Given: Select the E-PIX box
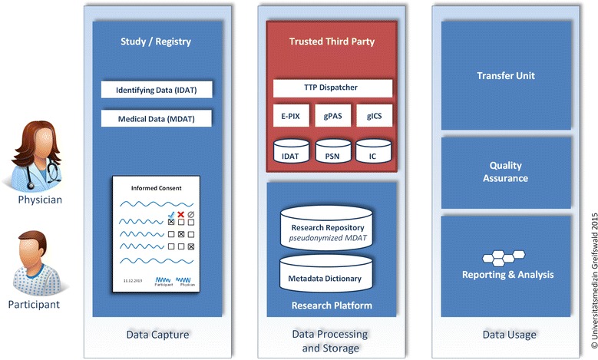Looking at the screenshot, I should pyautogui.click(x=290, y=117).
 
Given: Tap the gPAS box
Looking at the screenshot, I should pyautogui.click(x=333, y=117).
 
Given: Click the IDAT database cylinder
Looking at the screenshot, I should pyautogui.click(x=290, y=154).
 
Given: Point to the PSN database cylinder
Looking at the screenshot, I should pyautogui.click(x=332, y=154).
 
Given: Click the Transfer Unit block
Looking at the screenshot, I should pyautogui.click(x=505, y=76).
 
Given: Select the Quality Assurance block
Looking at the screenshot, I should pyautogui.click(x=505, y=171).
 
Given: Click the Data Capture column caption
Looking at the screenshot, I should pyautogui.click(x=157, y=335).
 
